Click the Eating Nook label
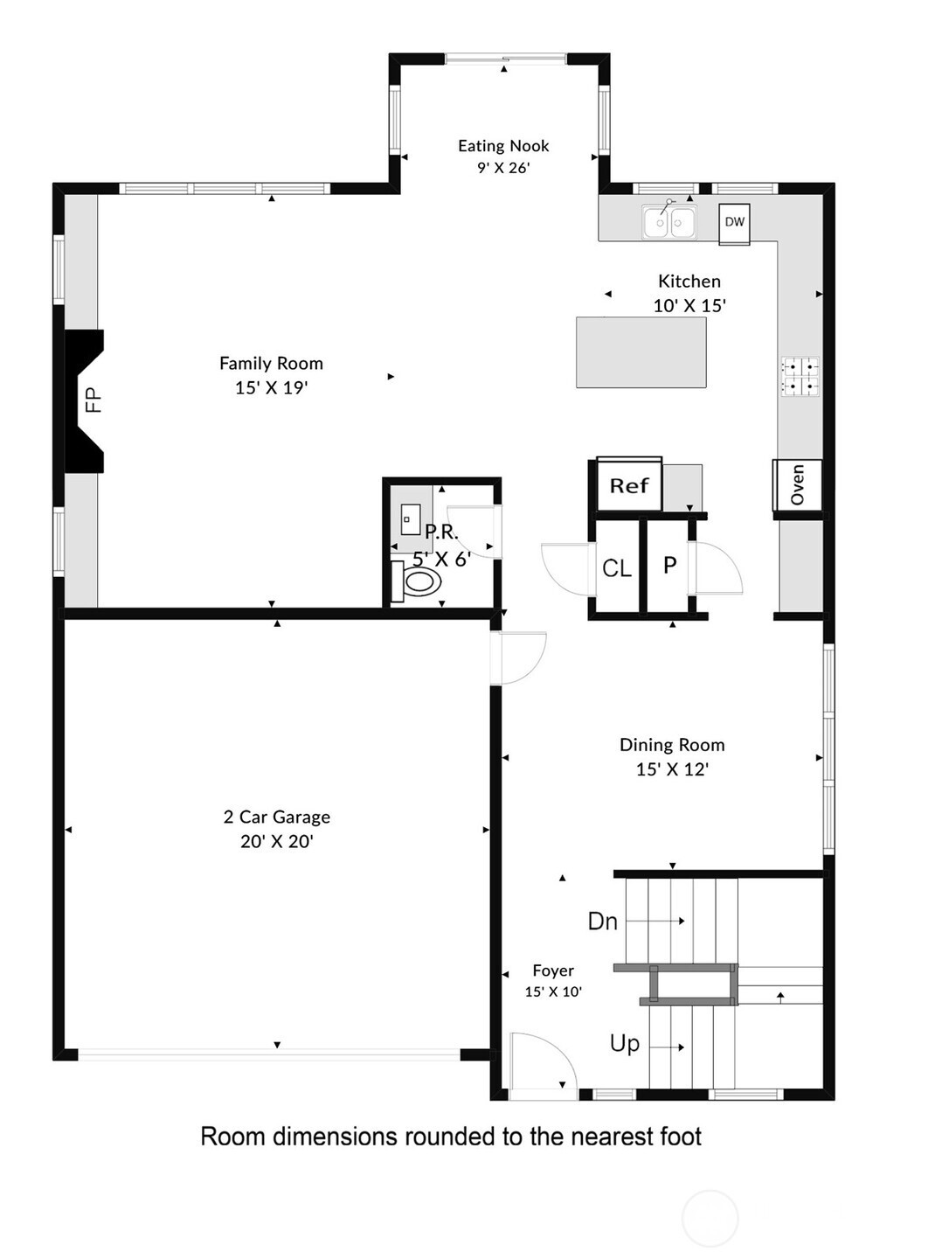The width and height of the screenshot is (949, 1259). (x=502, y=146)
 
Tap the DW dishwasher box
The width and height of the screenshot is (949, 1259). (x=734, y=224)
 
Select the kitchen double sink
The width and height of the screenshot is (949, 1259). (x=668, y=221)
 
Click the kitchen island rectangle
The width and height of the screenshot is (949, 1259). (x=641, y=352)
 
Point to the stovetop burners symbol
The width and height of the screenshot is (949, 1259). (x=800, y=376)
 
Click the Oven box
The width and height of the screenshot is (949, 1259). (x=797, y=484)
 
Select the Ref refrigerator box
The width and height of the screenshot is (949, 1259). (x=629, y=484)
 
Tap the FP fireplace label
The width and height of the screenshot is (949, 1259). (x=93, y=400)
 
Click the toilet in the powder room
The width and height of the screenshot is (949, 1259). (x=417, y=581)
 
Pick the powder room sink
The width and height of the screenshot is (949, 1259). (x=411, y=519)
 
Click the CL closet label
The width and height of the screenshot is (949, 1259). (x=617, y=567)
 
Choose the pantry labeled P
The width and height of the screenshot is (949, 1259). (x=669, y=566)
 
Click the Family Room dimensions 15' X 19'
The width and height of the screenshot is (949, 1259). (x=272, y=387)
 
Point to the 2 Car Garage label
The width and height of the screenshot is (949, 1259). (x=277, y=817)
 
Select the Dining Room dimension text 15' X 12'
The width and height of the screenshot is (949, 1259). (x=672, y=769)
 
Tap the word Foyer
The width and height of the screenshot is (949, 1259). (x=553, y=970)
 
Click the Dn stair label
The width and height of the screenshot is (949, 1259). (x=602, y=922)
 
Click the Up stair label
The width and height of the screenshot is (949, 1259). (x=624, y=1044)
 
